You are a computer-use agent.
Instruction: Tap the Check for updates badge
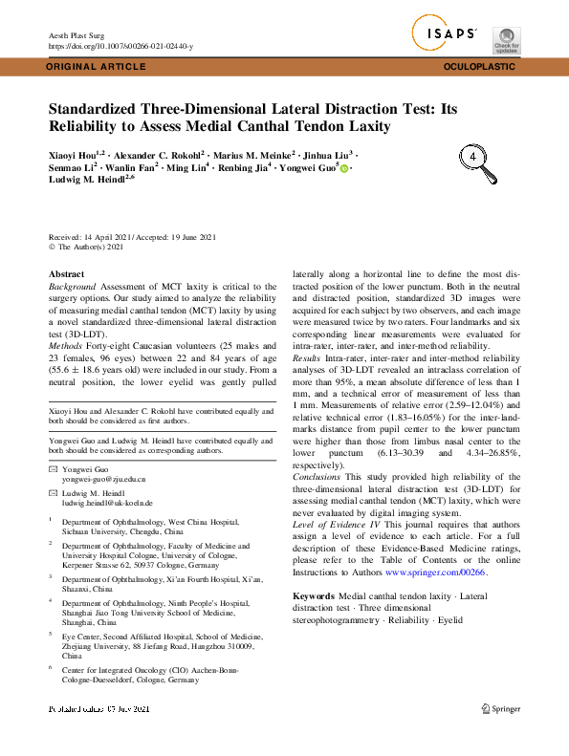coord(506,40)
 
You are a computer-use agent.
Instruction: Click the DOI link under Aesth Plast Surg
coord(120,46)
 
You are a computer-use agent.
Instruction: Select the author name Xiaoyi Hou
coord(73,154)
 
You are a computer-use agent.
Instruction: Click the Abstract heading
coord(65,274)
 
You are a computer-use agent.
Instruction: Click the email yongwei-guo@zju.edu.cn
coord(103,478)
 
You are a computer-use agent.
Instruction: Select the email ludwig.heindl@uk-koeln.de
coord(107,502)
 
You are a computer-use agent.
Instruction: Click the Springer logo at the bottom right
coord(500,708)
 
